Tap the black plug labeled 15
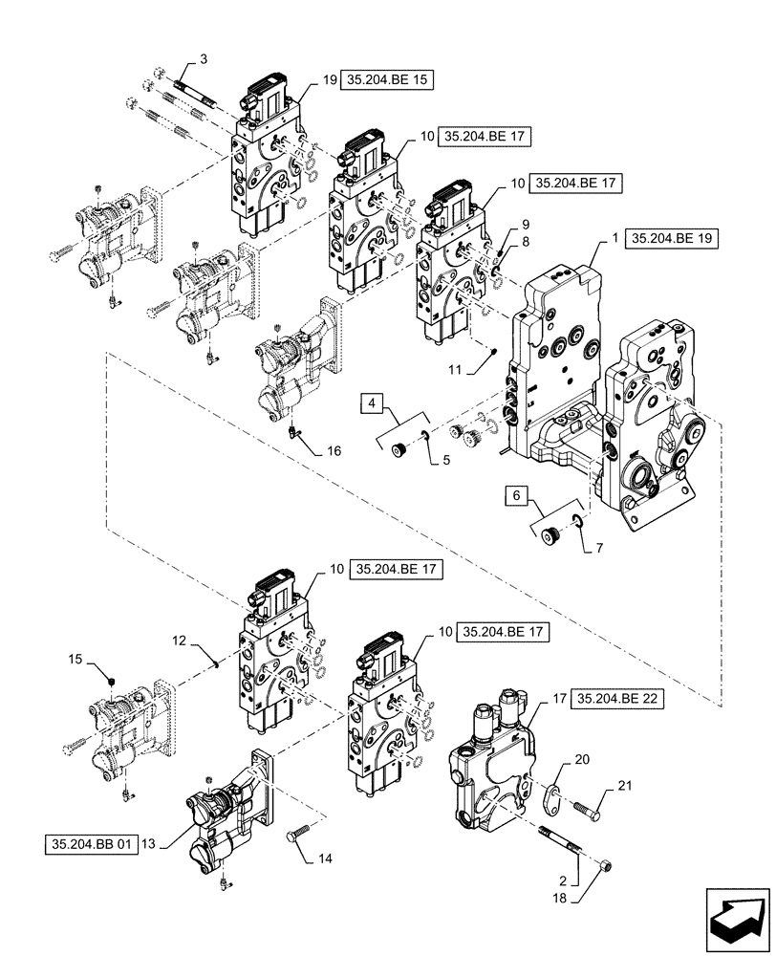111,681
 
